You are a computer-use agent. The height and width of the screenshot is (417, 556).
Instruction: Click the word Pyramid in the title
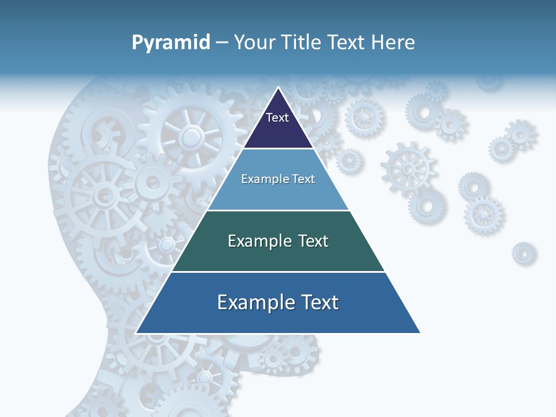pyautogui.click(x=171, y=43)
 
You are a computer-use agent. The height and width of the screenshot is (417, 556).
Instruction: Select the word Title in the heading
pyautogui.click(x=302, y=42)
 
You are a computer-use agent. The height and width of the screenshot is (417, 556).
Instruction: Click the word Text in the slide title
pyautogui.click(x=346, y=42)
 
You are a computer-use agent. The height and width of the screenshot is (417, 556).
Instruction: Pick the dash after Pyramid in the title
pyautogui.click(x=222, y=43)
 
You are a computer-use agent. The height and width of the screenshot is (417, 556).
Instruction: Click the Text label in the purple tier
pyautogui.click(x=277, y=118)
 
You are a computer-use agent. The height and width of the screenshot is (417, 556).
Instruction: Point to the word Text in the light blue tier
pyautogui.click(x=304, y=180)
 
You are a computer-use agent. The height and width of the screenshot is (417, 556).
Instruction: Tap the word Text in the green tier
pyautogui.click(x=313, y=241)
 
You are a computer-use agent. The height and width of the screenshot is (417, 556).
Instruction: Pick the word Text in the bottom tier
pyautogui.click(x=318, y=302)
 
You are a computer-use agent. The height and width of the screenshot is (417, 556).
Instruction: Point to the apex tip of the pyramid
pyautogui.click(x=278, y=88)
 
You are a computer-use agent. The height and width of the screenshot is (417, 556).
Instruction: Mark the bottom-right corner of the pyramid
pyautogui.click(x=419, y=332)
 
